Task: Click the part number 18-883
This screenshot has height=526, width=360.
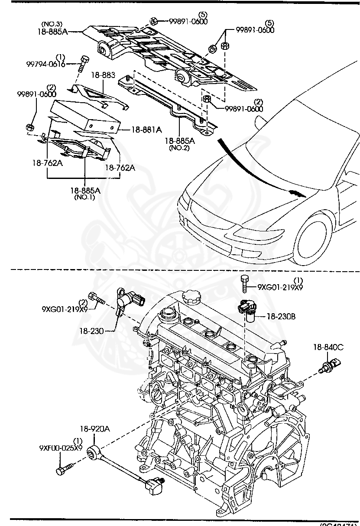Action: (103, 75)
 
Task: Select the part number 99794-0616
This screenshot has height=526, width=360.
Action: (45, 64)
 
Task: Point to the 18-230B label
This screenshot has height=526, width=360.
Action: (281, 317)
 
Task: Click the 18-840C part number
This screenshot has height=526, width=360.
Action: (329, 347)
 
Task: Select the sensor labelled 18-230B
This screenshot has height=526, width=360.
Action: (246, 309)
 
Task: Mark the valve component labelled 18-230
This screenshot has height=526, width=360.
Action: (128, 300)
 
